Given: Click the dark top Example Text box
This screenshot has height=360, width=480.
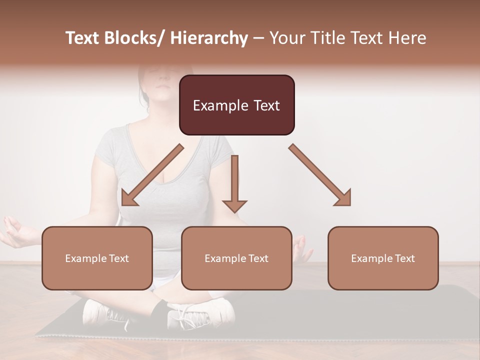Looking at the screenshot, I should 236,105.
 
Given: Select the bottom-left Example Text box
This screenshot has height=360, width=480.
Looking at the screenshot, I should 97,258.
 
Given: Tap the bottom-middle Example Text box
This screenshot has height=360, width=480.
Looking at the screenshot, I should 236,258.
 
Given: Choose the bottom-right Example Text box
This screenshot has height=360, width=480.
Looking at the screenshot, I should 383,258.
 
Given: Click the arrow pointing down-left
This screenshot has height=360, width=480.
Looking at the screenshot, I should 152,175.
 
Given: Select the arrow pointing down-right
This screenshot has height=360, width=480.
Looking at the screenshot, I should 320,175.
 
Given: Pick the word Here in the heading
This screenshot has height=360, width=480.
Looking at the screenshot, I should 407,38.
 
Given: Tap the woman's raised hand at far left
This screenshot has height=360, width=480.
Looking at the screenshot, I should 15,232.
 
